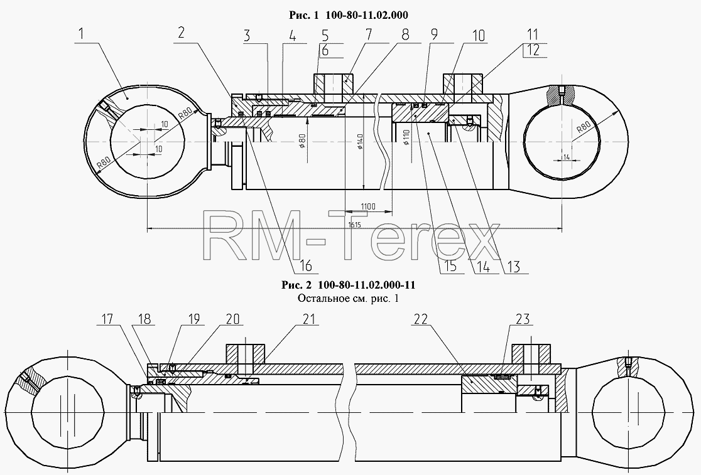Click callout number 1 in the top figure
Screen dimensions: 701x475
point(82,34)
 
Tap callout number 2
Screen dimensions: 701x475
point(181,33)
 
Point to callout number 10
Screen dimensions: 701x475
point(478,35)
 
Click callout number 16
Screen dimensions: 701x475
point(305,265)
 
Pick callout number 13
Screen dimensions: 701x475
point(514,267)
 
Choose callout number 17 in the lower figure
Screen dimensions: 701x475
point(107,319)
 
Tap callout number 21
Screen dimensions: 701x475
point(309,319)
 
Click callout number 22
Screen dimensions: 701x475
point(421,319)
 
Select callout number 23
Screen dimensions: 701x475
point(523,319)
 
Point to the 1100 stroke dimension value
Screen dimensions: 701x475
point(368,206)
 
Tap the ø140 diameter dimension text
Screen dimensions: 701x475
point(361,141)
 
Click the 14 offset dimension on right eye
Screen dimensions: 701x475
point(567,157)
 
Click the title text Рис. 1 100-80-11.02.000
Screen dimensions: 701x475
point(348,15)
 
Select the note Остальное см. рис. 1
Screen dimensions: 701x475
point(348,298)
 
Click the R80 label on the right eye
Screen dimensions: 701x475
point(584,127)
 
